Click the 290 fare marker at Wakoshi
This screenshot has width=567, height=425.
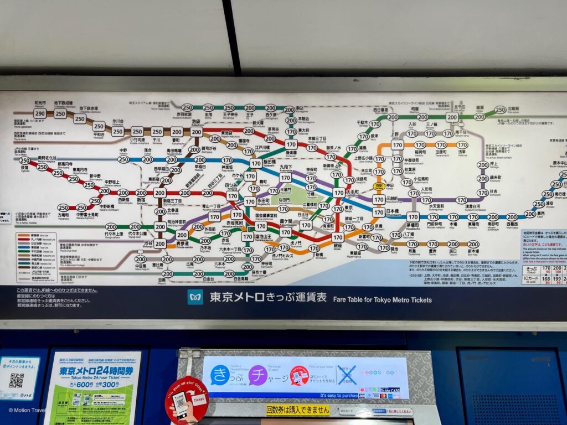(40, 113)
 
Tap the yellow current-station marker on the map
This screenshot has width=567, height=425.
(379, 186)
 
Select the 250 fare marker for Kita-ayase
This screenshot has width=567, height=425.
(501, 110)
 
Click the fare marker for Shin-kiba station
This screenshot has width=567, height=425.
(473, 244)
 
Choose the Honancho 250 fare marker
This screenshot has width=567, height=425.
(63, 208)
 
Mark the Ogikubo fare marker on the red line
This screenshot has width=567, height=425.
(25, 160)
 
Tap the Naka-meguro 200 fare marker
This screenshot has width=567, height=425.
(141, 259)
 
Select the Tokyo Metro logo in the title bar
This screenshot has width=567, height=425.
(195, 297)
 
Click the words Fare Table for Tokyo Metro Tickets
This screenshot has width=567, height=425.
(382, 299)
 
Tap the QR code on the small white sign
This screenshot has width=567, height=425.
(17, 380)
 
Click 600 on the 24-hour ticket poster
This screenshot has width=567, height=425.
(84, 385)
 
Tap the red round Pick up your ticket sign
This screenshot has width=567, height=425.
(187, 400)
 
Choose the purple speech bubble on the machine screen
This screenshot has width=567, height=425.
(258, 375)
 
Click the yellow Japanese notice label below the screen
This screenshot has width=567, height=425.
(297, 410)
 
